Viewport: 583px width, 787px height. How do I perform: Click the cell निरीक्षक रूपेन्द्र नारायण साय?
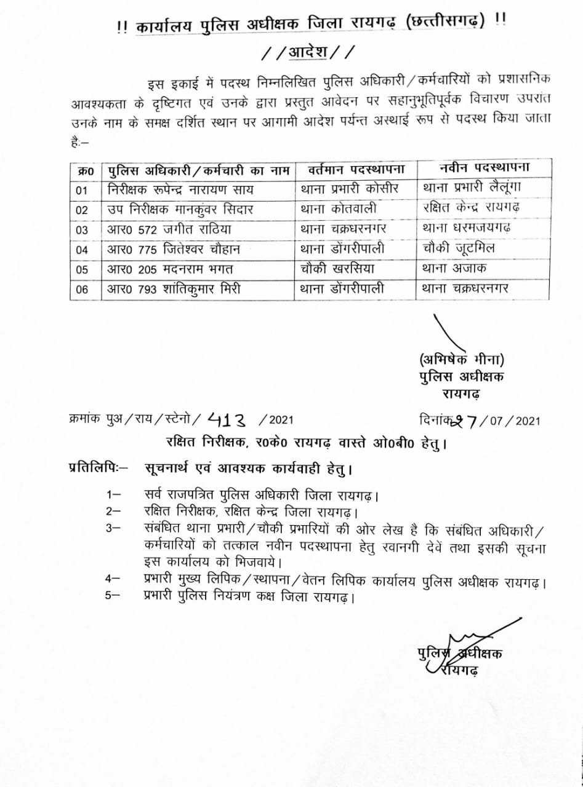(x=178, y=189)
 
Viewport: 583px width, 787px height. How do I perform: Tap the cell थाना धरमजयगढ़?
(x=468, y=229)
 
